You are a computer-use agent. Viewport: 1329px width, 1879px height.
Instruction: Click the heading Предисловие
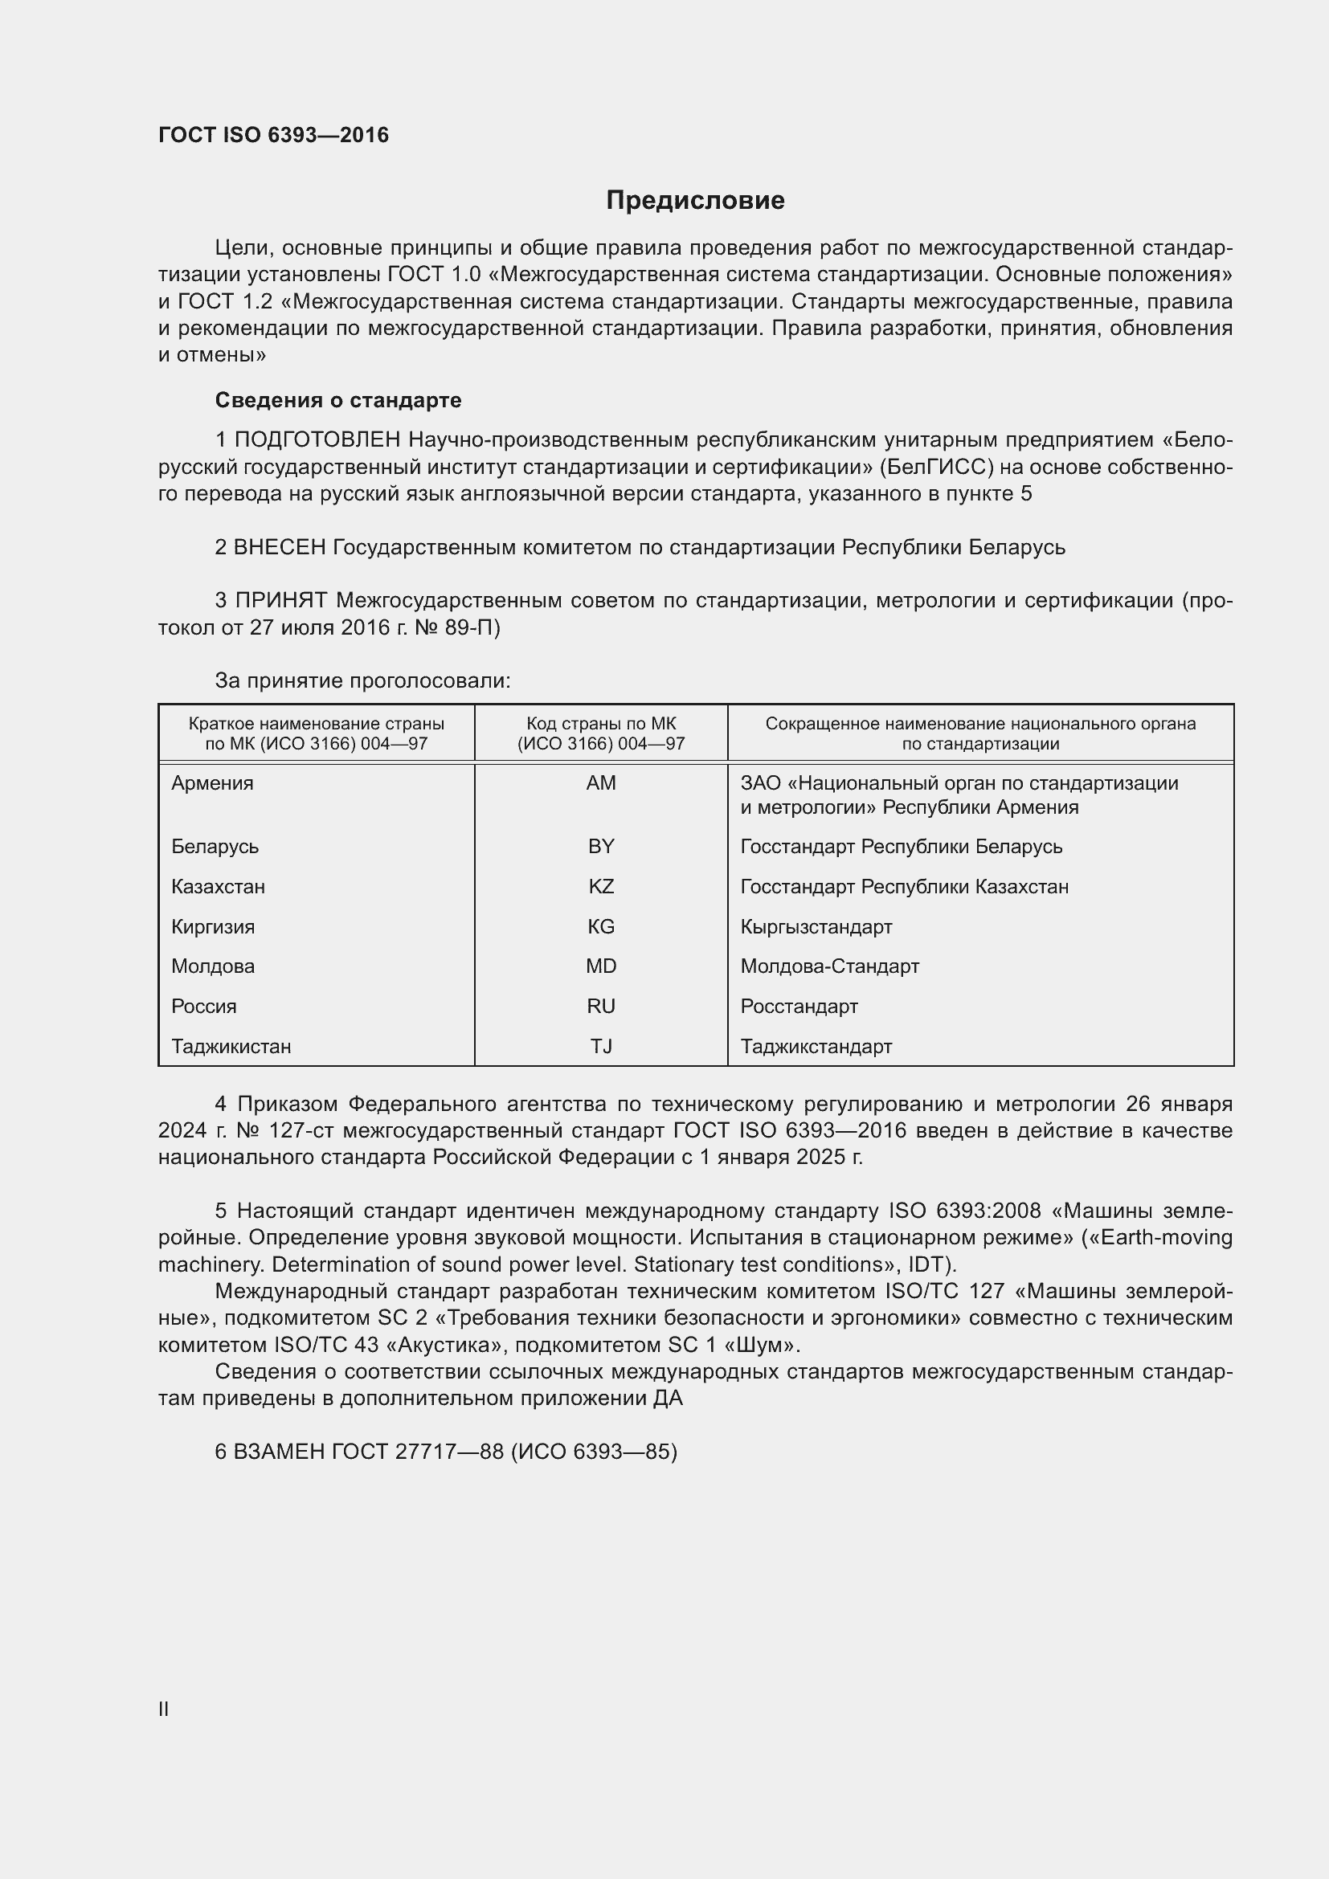click(x=695, y=201)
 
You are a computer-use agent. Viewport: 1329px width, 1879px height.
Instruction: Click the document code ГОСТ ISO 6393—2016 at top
click(x=273, y=135)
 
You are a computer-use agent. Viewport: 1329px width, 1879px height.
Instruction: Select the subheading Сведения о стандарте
click(x=338, y=400)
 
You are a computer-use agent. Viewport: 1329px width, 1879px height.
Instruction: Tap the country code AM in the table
click(x=601, y=783)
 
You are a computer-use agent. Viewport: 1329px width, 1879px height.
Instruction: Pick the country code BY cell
click(x=601, y=846)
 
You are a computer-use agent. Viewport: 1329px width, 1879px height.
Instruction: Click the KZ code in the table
click(x=601, y=886)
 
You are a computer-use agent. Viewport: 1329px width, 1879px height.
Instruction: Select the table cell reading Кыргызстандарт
click(x=816, y=926)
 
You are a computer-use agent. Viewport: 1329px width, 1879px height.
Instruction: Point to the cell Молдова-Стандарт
click(x=830, y=966)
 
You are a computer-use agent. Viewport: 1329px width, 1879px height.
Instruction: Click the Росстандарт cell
click(x=799, y=1007)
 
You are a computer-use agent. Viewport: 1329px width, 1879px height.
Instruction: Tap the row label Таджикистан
click(x=231, y=1047)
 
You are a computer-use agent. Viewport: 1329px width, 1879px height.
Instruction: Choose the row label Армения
click(x=212, y=783)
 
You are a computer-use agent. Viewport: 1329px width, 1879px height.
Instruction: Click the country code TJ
click(x=601, y=1047)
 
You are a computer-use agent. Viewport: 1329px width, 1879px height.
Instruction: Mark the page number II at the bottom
click(x=164, y=1709)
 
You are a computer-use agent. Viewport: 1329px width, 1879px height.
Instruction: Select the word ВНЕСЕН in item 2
click(x=280, y=548)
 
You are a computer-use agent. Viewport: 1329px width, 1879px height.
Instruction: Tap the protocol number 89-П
click(x=473, y=627)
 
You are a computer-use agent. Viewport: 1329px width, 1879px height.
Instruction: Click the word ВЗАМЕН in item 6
click(x=280, y=1452)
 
